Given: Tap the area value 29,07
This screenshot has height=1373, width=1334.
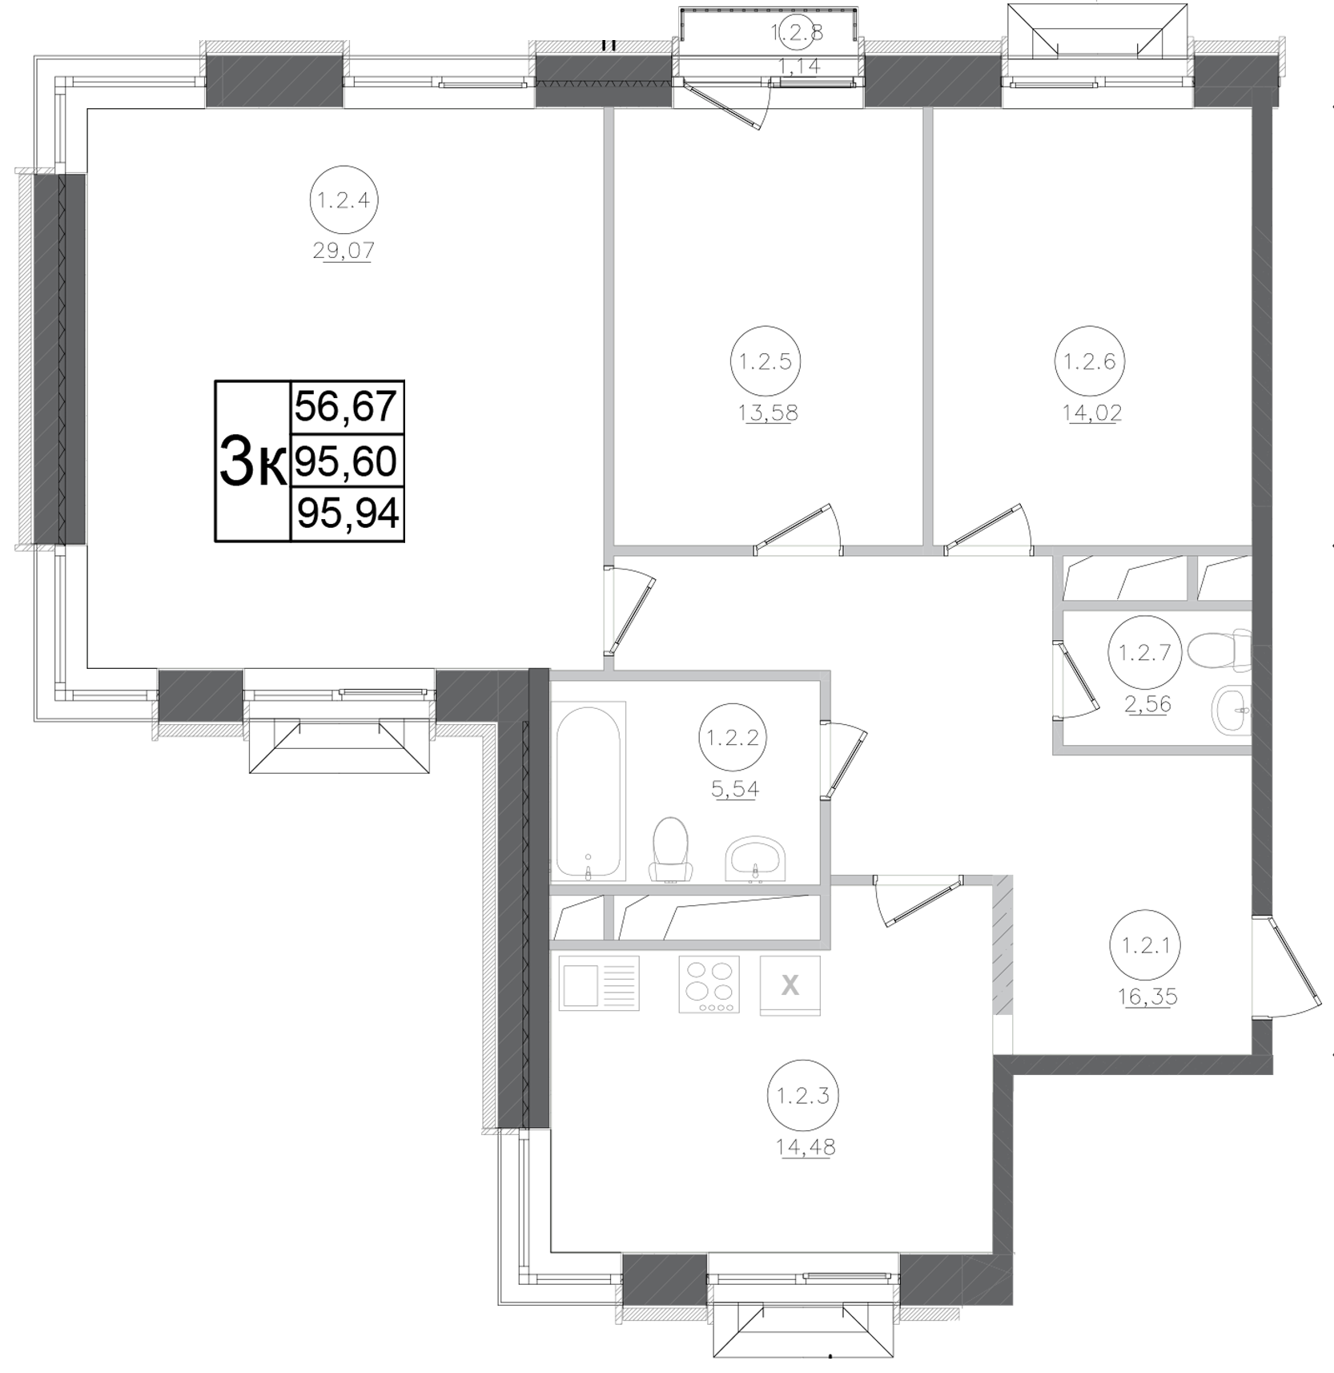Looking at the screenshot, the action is tap(344, 252).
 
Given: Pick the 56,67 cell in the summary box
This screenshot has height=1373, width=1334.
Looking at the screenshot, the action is tap(346, 406).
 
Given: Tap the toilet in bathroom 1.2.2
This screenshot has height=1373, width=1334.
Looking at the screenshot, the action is tap(670, 849).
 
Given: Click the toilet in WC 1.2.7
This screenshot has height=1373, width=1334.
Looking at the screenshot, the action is tap(1219, 649).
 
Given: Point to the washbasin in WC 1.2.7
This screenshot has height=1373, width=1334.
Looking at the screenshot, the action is tap(1232, 709).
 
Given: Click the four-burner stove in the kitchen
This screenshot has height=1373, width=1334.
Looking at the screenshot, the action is tap(708, 984).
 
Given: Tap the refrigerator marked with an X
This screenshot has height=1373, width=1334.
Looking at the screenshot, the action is tap(790, 985).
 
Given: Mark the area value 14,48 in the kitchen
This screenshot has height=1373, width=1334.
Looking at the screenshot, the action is tap(805, 1147).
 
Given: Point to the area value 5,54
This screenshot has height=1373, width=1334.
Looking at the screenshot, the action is tap(735, 789).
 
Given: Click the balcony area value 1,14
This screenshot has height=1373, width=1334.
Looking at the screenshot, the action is tap(798, 66).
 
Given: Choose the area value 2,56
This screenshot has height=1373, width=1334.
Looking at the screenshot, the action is tap(1148, 704).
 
